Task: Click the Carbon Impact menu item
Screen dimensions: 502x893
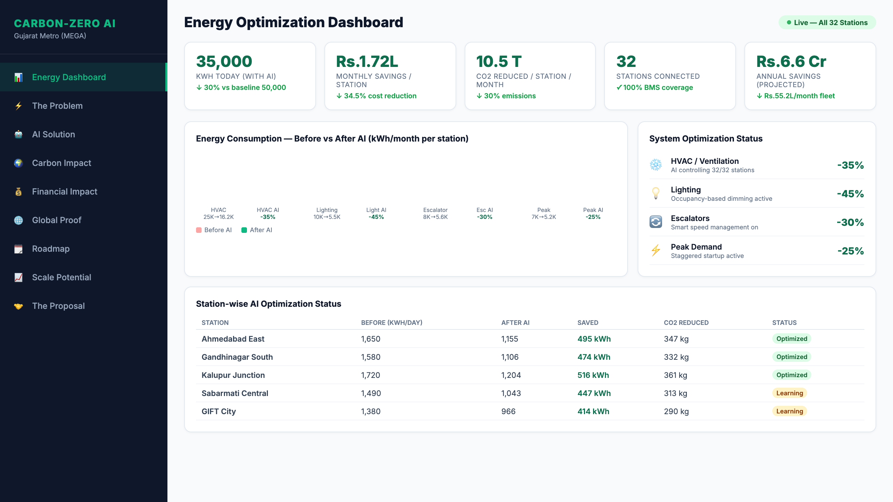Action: coord(61,163)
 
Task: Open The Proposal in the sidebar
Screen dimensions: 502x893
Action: coord(58,306)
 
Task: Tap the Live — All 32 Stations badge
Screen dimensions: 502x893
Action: coord(827,23)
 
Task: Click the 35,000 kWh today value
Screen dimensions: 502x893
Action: coord(224,61)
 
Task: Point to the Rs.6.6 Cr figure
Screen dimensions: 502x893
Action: coord(791,61)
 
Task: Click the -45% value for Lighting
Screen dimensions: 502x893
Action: coord(850,194)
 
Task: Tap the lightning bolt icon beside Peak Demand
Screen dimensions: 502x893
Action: coord(655,250)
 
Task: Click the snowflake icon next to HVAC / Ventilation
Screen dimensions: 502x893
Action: coord(655,165)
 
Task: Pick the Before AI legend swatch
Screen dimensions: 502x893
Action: coord(199,230)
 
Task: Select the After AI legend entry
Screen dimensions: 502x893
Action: coord(257,230)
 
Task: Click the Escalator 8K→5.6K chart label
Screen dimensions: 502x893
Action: coord(435,213)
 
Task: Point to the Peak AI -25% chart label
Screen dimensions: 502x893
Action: coord(593,213)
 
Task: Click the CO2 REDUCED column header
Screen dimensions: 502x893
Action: coord(686,323)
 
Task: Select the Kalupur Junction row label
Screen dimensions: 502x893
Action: coord(233,375)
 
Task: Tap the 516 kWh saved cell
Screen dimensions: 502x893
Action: coord(593,375)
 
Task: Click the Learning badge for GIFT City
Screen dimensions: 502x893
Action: coord(789,411)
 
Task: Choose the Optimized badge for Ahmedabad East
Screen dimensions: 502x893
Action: coord(791,339)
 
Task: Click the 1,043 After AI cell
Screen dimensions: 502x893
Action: coord(511,393)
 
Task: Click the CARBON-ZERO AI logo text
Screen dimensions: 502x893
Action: coord(65,23)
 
